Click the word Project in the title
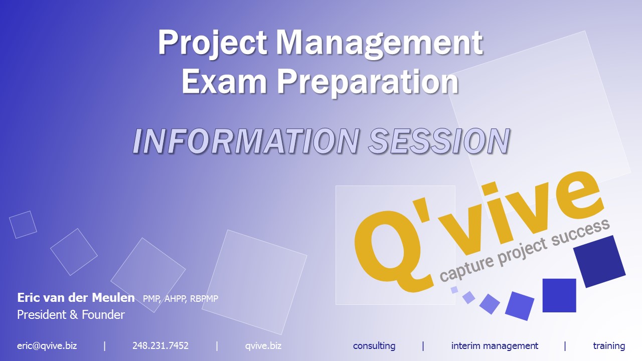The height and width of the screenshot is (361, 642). click(x=213, y=44)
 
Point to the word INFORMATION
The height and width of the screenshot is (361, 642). click(x=246, y=141)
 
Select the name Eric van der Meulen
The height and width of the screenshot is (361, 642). click(x=76, y=298)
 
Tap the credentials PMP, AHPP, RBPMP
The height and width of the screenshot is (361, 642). click(x=181, y=298)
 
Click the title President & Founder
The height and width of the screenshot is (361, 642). click(x=71, y=314)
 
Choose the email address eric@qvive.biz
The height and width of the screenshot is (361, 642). click(x=47, y=346)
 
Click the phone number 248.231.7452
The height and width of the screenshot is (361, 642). click(x=160, y=345)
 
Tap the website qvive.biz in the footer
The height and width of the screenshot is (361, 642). click(x=263, y=346)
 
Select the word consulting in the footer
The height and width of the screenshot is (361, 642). click(x=374, y=346)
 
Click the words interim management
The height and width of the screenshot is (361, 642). click(x=495, y=346)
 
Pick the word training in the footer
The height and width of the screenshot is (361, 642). click(x=609, y=346)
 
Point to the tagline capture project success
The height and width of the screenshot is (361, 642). click(x=525, y=250)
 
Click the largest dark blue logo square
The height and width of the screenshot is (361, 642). click(x=599, y=261)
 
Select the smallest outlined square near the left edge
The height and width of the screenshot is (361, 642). click(x=23, y=225)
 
